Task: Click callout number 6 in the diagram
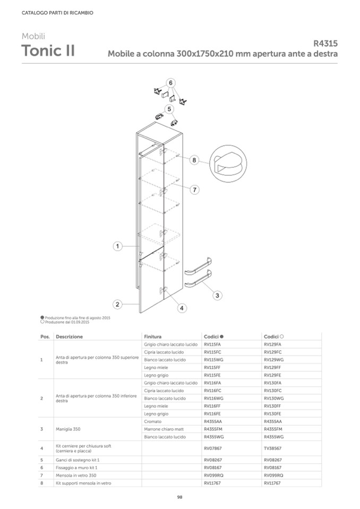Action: point(170,83)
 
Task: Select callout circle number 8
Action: point(194,160)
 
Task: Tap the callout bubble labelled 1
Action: point(117,246)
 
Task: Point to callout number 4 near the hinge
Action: point(182,308)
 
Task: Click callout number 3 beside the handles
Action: point(217,295)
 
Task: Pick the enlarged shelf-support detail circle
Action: point(228,164)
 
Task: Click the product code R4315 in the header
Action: point(325,43)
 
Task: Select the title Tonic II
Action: point(48,50)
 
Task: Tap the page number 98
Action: point(179,497)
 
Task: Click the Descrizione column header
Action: point(69,337)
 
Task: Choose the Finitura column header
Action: point(152,337)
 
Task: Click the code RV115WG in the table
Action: point(213,360)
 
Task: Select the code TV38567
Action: point(273,448)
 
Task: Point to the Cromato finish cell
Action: point(152,421)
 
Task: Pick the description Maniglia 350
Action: point(68,429)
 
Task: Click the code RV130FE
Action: point(272,414)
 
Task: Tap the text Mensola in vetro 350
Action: point(76,475)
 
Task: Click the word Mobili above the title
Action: point(33,36)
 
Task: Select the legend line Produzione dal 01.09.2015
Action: point(65,322)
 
